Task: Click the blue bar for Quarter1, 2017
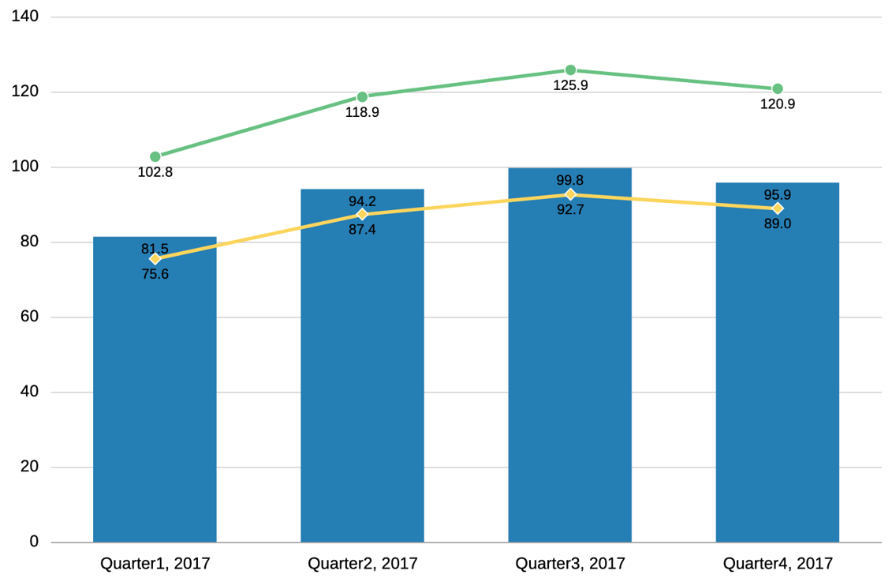[155, 395]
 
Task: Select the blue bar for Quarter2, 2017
[362, 371]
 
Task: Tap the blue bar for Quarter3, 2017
[569, 363]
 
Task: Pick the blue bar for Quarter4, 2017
[777, 367]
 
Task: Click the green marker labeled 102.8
[155, 157]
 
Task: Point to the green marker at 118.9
[363, 97]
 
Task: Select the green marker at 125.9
[570, 70]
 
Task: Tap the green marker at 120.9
[778, 89]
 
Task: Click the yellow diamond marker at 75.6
[155, 259]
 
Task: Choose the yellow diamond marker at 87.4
[363, 215]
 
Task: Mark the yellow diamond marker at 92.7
[570, 194]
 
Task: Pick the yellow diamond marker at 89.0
[778, 208]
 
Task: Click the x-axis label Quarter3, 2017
[570, 564]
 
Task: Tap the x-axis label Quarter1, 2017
[155, 564]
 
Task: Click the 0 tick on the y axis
[34, 542]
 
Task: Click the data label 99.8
[570, 181]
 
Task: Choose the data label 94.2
[363, 201]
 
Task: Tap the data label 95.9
[778, 195]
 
